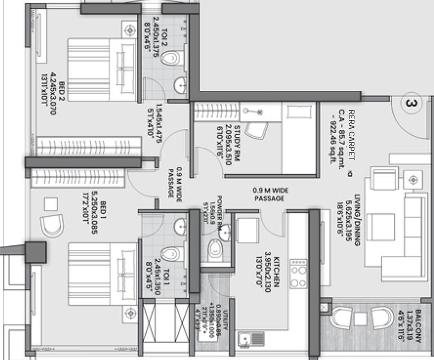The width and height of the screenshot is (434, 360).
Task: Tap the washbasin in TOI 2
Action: tap(181, 84)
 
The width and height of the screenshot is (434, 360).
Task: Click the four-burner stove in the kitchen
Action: tap(298, 273)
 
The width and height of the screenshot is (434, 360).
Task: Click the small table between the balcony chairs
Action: tap(361, 319)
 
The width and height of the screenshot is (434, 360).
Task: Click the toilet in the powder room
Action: tap(215, 249)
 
